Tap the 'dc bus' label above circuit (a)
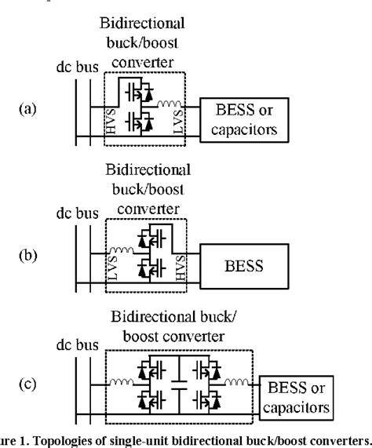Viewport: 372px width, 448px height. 75,68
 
